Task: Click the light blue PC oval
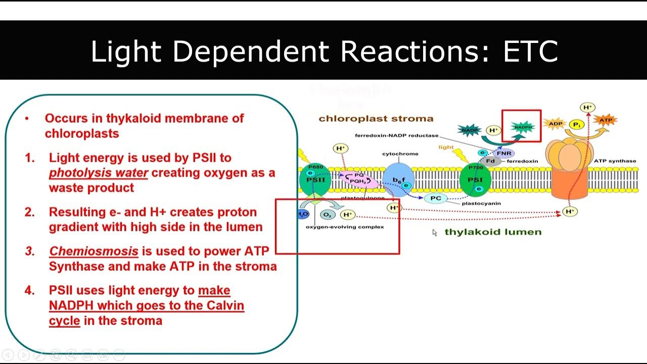(436, 198)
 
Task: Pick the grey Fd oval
(490, 161)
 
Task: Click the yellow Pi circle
(576, 124)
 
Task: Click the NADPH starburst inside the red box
(523, 127)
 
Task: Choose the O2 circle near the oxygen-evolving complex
(328, 215)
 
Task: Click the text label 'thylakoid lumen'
(493, 232)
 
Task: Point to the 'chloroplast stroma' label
(376, 119)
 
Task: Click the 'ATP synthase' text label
(615, 161)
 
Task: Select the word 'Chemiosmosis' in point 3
(94, 251)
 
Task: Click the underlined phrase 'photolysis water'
(99, 173)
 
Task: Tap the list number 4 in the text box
(30, 291)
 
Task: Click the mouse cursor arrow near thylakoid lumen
(434, 233)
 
